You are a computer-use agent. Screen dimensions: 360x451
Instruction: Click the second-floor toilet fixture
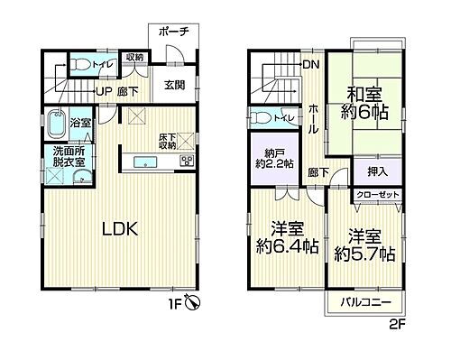point(261,117)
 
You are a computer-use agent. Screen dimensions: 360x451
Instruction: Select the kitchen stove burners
point(188,162)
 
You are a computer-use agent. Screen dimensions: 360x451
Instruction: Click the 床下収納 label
point(168,141)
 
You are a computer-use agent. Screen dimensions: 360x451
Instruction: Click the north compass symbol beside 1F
point(206,305)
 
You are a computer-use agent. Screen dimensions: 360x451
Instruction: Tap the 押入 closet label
point(379,171)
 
